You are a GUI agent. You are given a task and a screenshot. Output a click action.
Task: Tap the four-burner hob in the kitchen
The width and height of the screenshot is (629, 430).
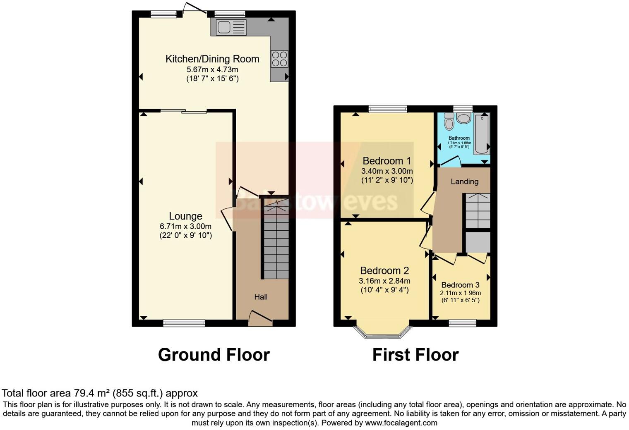click(x=279, y=58)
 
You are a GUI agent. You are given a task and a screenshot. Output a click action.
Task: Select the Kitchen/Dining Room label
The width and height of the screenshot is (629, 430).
click(x=212, y=59)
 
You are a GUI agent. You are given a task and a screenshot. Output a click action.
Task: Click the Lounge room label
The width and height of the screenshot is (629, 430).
click(x=185, y=216)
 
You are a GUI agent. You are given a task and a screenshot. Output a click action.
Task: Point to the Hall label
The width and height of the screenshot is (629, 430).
click(x=261, y=297)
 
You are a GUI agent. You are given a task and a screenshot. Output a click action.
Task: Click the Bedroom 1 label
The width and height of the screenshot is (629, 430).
click(x=387, y=161)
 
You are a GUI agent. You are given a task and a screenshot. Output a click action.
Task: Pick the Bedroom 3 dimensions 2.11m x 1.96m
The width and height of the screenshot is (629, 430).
click(x=460, y=293)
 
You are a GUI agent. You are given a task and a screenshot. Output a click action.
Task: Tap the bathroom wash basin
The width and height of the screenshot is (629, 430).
click(x=464, y=119)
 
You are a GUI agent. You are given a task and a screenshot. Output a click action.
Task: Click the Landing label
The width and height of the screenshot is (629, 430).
click(x=464, y=182)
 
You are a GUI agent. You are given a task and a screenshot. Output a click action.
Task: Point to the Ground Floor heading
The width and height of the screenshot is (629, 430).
click(x=214, y=355)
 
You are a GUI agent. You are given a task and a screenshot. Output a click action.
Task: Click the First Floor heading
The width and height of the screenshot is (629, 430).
click(x=415, y=355)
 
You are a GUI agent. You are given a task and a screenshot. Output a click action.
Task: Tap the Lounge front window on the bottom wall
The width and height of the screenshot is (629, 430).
click(x=184, y=323)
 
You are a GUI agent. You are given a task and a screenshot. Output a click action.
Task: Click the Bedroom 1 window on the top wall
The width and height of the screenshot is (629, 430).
click(x=388, y=109)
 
